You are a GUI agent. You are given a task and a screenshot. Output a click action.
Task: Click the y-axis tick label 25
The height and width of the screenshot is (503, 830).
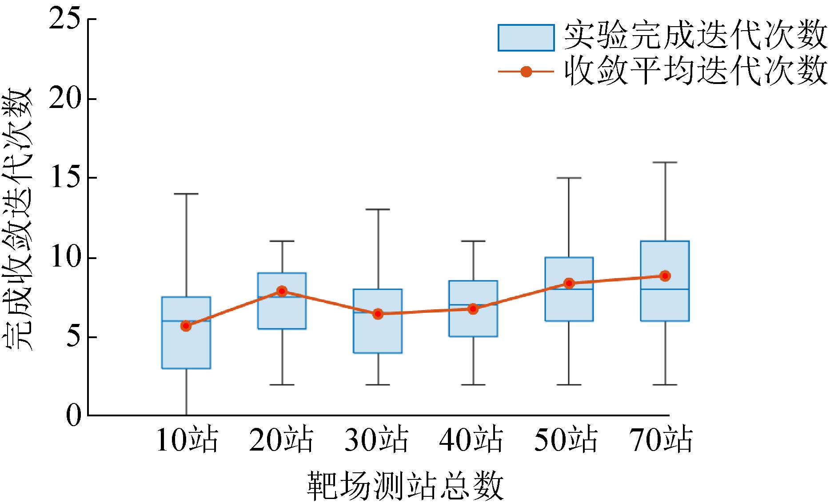click(x=66, y=20)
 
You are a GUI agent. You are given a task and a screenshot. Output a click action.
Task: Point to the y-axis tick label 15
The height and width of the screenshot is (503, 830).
click(x=66, y=178)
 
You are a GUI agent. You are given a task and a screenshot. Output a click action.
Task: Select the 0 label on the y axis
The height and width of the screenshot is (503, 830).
click(x=74, y=415)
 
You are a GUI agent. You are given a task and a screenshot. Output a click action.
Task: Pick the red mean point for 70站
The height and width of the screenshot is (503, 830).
click(x=665, y=275)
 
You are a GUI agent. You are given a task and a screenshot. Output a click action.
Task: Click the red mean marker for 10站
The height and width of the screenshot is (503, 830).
click(x=186, y=326)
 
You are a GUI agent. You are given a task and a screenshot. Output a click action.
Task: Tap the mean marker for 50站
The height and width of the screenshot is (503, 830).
click(x=569, y=283)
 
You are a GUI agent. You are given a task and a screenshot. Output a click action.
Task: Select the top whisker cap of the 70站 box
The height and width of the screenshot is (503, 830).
click(x=665, y=163)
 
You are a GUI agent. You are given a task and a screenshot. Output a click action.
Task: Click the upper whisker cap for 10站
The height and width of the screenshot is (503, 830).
click(x=186, y=194)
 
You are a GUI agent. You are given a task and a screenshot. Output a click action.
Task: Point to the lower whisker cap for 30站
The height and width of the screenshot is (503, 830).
click(x=378, y=384)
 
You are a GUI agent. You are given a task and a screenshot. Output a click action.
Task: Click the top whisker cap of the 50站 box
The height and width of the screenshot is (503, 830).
click(x=569, y=178)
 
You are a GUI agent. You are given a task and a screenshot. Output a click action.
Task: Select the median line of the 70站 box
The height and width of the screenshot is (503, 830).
click(x=665, y=289)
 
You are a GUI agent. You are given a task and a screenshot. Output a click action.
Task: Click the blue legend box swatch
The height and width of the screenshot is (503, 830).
click(x=526, y=38)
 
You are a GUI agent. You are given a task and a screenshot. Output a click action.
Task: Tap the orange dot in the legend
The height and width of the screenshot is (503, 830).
click(x=526, y=72)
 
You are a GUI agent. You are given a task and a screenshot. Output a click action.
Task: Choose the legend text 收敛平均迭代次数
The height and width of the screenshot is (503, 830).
click(x=695, y=72)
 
